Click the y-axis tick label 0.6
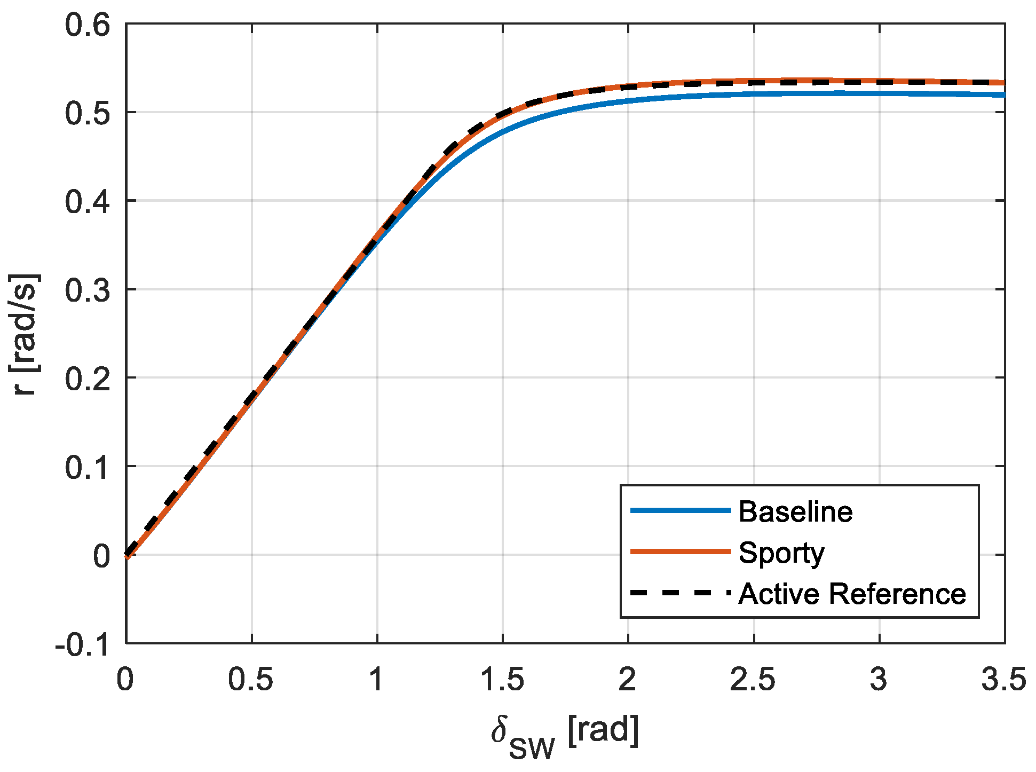(88, 26)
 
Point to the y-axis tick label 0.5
(88, 114)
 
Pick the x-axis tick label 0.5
(251, 680)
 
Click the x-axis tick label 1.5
(502, 680)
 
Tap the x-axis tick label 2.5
(753, 680)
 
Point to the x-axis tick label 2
(628, 680)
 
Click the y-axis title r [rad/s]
(25, 334)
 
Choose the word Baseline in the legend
(795, 511)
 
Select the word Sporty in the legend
(781, 553)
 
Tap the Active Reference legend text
(852, 594)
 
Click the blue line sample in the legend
(680, 511)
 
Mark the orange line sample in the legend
(680, 552)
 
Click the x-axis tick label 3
(879, 680)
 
